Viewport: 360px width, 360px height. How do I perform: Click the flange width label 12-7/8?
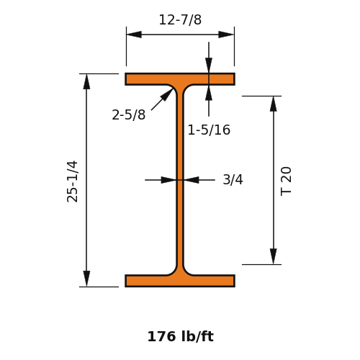(180, 20)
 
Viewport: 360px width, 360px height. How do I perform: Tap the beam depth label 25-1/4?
(72, 181)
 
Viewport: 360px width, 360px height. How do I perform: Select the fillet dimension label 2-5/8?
(129, 114)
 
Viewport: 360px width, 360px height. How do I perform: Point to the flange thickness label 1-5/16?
(209, 130)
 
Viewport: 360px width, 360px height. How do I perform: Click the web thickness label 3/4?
(233, 179)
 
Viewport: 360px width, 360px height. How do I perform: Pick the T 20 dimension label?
(286, 181)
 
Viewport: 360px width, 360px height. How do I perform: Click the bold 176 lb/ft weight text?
(180, 336)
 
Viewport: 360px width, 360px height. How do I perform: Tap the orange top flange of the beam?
(180, 79)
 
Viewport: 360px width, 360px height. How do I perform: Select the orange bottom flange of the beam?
(180, 281)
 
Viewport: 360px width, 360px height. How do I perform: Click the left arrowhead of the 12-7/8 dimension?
(134, 35)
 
